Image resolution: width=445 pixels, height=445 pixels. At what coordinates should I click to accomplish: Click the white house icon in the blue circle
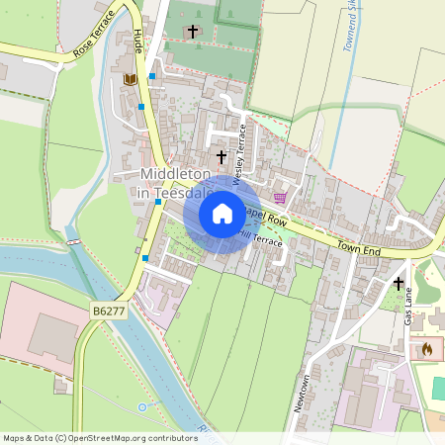[x=222, y=213]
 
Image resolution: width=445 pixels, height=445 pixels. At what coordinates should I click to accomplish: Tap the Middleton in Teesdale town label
[x=177, y=184]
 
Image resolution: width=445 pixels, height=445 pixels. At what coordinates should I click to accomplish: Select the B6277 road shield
[x=109, y=311]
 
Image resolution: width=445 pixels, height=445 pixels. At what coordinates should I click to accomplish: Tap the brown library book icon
[x=129, y=79]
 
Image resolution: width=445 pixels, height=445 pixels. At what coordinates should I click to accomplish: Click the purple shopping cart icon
[x=280, y=197]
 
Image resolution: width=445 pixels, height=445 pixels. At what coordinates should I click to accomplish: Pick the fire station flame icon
[x=427, y=349]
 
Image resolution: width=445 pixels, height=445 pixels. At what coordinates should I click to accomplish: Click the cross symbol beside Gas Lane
[x=400, y=284]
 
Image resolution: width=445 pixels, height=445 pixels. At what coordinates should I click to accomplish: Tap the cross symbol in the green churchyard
[x=193, y=32]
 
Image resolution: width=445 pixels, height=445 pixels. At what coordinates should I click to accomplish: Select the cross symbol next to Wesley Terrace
[x=222, y=156]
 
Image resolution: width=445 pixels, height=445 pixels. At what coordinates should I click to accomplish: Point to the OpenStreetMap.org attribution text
[x=86, y=437]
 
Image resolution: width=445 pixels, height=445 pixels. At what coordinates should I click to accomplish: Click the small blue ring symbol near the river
[x=141, y=406]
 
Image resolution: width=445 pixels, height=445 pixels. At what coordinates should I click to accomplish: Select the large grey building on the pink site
[x=54, y=336]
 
